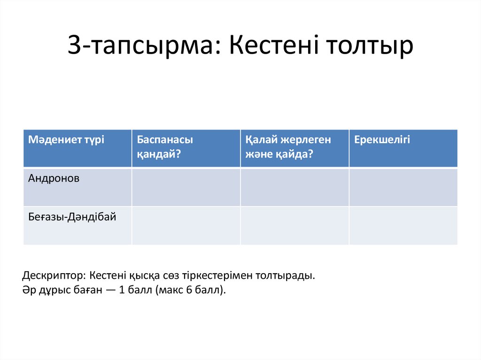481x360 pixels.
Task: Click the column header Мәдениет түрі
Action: [66, 139]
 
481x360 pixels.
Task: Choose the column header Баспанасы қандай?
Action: [165, 146]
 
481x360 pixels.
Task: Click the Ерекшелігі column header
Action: [382, 139]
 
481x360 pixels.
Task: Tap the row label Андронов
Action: [54, 178]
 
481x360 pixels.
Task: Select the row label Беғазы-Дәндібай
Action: [72, 216]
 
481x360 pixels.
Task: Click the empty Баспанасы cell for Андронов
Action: [186, 187]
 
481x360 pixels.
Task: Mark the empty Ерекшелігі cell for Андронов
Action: [403, 187]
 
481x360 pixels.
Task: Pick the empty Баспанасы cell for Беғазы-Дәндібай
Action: [186, 226]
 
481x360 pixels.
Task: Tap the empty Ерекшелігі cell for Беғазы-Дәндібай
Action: [403, 226]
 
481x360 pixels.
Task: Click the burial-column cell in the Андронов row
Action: [295, 187]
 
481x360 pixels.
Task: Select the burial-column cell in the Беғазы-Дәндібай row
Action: [295, 226]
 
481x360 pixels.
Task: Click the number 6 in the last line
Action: [189, 290]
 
